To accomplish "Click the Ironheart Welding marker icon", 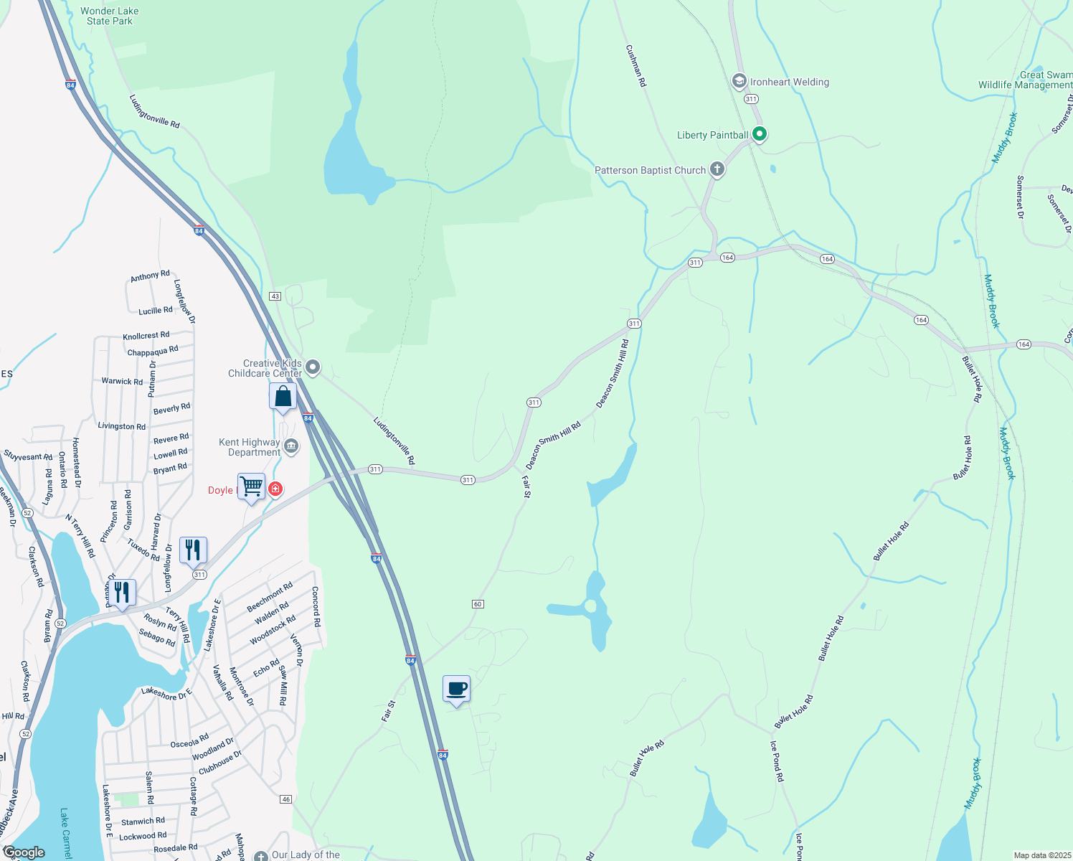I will pos(739,82).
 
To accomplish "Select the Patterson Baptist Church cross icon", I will pos(717,170).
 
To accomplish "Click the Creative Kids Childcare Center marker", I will pos(313,368).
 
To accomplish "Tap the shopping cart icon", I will pos(251,487).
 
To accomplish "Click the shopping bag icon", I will pos(283,397).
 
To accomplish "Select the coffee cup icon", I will pos(456,690).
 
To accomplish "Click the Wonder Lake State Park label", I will pos(110,16).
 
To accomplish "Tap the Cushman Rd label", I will pos(636,66).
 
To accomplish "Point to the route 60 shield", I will pos(478,604).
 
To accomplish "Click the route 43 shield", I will pos(275,296).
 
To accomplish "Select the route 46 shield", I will pos(286,799).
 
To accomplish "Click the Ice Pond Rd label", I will pos(777,761).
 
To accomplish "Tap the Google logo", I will pos(24,852).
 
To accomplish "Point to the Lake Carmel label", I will pos(66,834).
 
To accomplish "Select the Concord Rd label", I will pos(315,607).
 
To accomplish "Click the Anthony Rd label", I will pos(150,276).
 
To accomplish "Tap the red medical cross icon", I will pos(275,489).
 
